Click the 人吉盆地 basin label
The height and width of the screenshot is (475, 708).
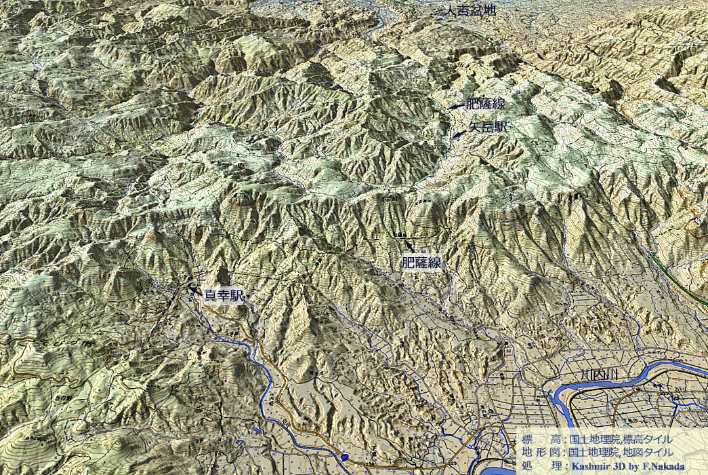point(468,12)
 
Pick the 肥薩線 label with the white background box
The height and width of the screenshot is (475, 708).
point(421,263)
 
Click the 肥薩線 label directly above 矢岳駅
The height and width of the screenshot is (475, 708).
point(485,104)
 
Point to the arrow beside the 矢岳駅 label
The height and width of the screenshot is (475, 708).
point(459,134)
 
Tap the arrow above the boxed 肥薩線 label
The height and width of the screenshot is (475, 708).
point(408,245)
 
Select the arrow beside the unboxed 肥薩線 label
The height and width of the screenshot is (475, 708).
point(455,106)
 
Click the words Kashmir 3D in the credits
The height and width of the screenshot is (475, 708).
point(597,465)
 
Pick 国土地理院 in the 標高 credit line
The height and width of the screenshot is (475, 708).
point(594,439)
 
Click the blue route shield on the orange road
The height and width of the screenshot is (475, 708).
point(346,458)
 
